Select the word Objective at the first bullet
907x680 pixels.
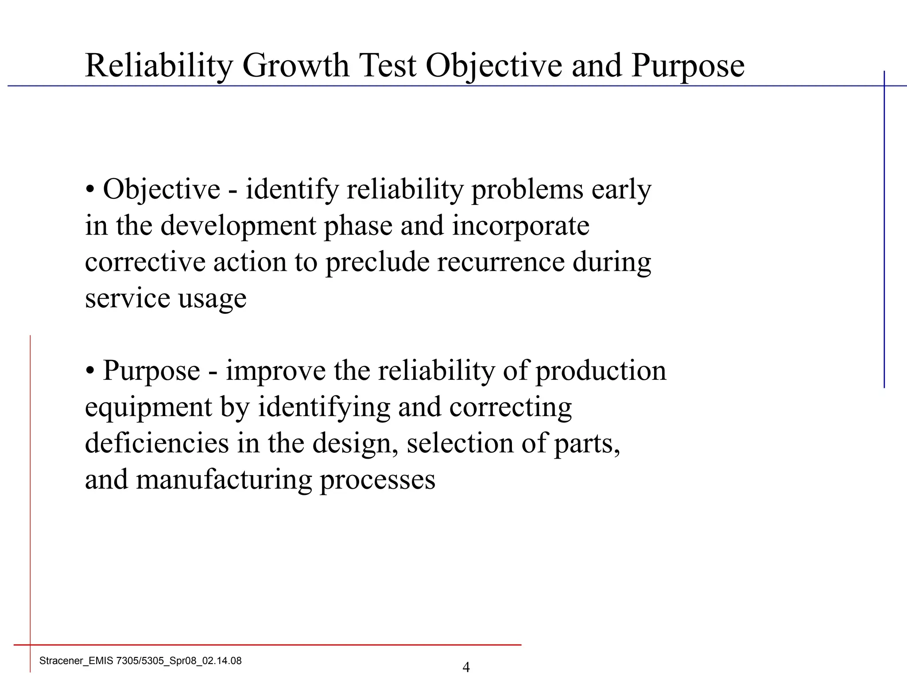(162, 189)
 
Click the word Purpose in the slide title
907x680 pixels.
(688, 66)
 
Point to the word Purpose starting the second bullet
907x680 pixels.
(151, 371)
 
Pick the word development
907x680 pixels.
(238, 226)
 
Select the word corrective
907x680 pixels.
(145, 262)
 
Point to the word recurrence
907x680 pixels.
(501, 262)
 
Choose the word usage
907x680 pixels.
(212, 298)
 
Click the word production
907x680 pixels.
(601, 371)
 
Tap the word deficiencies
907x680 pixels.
(157, 443)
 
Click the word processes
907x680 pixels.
(377, 479)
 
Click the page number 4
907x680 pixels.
(466, 667)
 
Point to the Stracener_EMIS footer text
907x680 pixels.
(140, 661)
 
